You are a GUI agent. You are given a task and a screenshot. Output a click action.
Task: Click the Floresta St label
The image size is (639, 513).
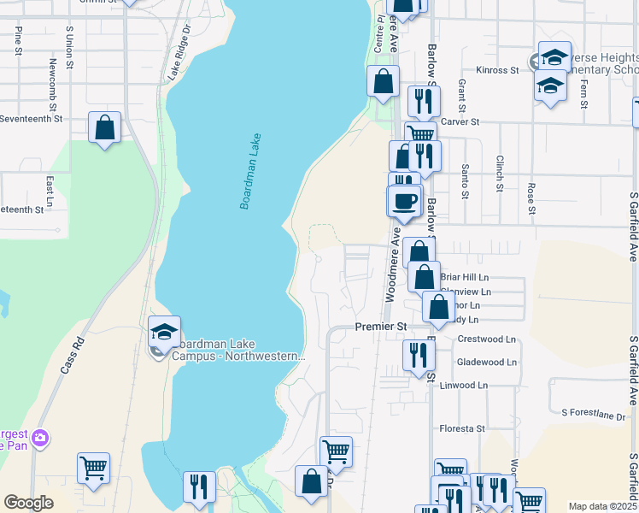[x=462, y=428]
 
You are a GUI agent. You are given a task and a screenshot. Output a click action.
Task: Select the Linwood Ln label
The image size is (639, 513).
[x=464, y=385]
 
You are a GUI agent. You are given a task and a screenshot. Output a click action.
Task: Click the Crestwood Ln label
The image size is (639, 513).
[x=487, y=339]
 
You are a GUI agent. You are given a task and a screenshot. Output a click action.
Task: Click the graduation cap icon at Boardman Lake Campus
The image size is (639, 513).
[x=164, y=331]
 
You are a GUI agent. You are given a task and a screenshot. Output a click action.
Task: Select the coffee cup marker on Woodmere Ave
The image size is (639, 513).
[x=404, y=201]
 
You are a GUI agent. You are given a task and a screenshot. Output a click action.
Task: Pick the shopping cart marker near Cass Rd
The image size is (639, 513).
[x=93, y=467]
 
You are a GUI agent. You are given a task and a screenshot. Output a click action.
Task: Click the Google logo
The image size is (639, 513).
[x=28, y=503]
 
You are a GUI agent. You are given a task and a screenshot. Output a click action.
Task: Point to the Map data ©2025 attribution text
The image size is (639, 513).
[x=602, y=506]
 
